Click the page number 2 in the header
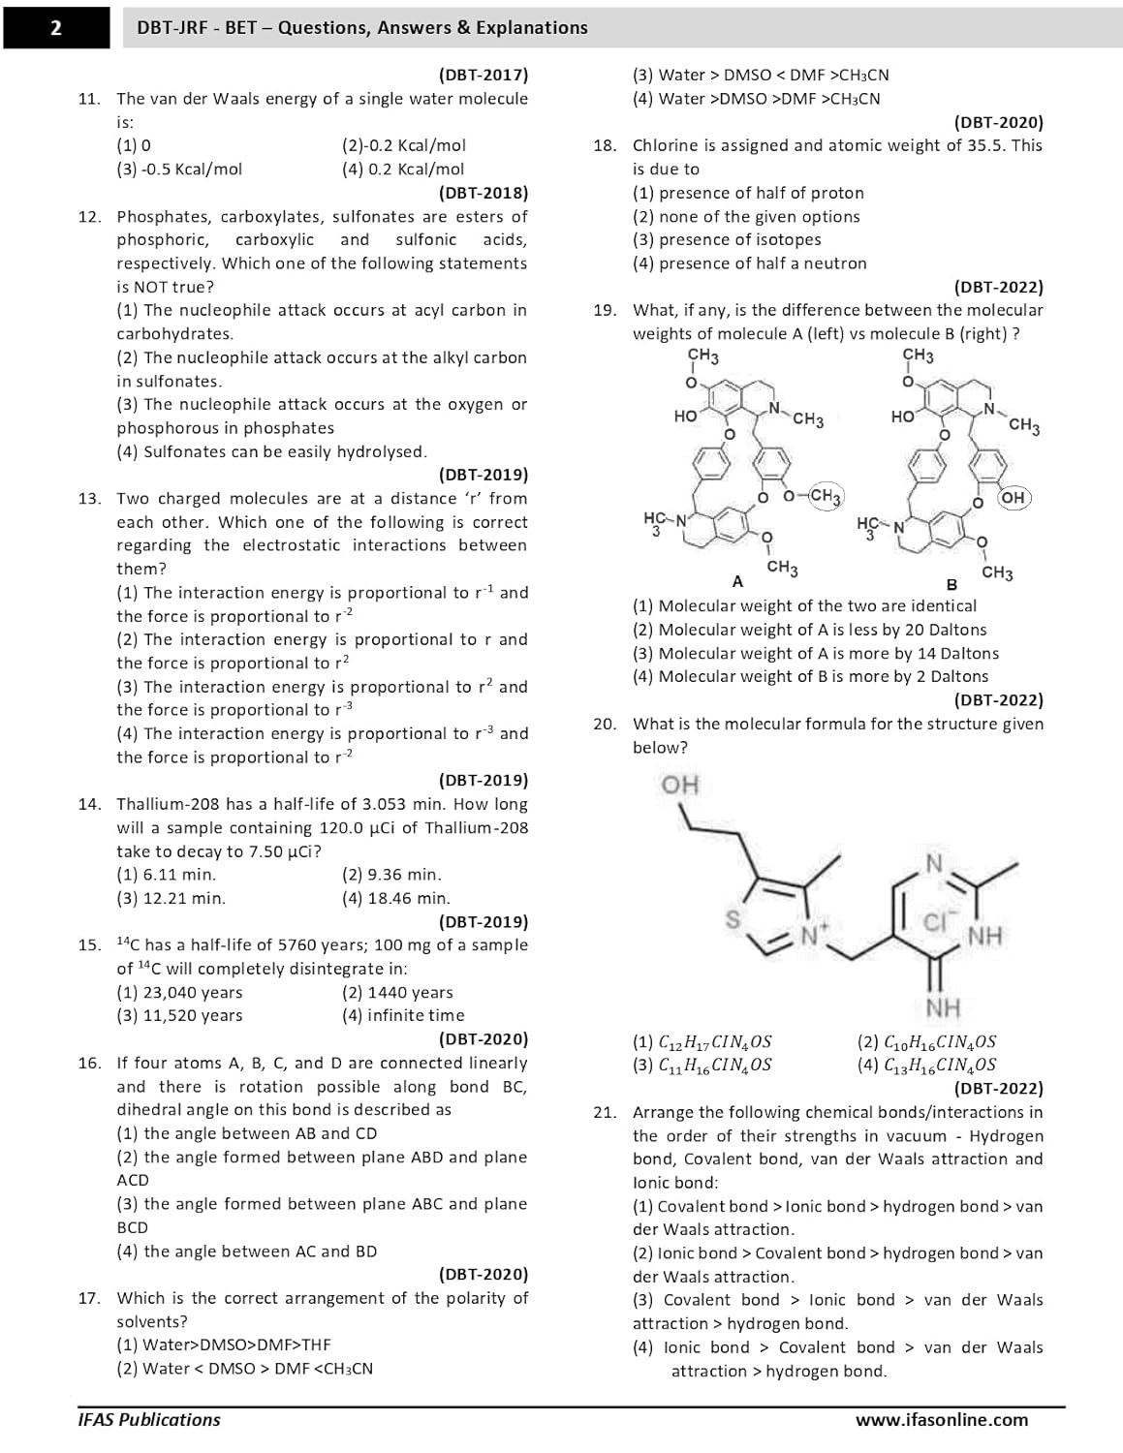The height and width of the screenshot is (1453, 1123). (55, 28)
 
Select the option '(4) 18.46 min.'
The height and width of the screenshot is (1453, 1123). (395, 898)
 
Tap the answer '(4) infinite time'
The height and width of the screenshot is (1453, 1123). (402, 1015)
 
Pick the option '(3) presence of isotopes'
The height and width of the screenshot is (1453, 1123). (726, 239)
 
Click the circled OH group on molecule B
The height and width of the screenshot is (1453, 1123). (1013, 497)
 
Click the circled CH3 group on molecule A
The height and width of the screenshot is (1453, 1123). (825, 496)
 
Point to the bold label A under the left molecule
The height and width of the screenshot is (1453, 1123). (737, 582)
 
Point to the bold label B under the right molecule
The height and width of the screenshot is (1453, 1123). (951, 584)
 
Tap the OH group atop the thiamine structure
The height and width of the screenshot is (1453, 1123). (680, 784)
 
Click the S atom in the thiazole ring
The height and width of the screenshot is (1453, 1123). (734, 919)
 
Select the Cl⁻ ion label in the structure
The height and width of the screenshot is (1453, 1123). (938, 921)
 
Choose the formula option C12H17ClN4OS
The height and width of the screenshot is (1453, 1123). (702, 1042)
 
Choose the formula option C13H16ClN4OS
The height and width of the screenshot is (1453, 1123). (927, 1065)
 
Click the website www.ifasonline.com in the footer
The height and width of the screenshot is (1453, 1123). (941, 1420)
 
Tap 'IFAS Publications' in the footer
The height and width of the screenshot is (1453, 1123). (149, 1420)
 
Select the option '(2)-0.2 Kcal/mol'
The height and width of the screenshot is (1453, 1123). (403, 145)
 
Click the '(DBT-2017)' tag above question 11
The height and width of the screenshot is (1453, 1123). (483, 75)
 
